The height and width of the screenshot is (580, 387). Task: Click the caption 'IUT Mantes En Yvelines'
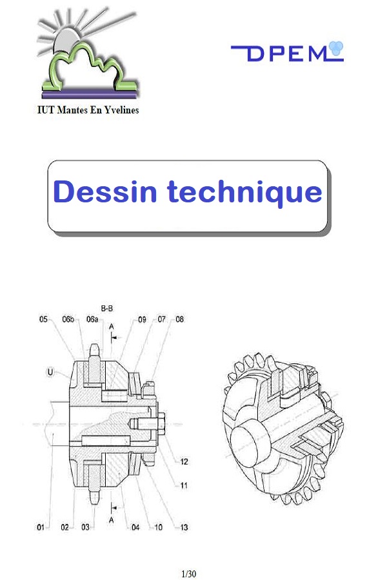[87, 110]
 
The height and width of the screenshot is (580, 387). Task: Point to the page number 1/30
[189, 574]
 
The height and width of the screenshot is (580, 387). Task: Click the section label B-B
[108, 307]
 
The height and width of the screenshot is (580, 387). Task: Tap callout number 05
[43, 319]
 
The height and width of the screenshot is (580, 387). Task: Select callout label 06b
[68, 319]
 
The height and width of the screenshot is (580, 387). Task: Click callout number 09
[142, 319]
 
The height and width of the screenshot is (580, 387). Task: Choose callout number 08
[180, 319]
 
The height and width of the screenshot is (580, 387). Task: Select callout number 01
[40, 528]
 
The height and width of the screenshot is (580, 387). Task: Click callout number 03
[85, 528]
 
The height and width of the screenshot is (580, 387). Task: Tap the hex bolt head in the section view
[161, 423]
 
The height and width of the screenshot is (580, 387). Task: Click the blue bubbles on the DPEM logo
[336, 47]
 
